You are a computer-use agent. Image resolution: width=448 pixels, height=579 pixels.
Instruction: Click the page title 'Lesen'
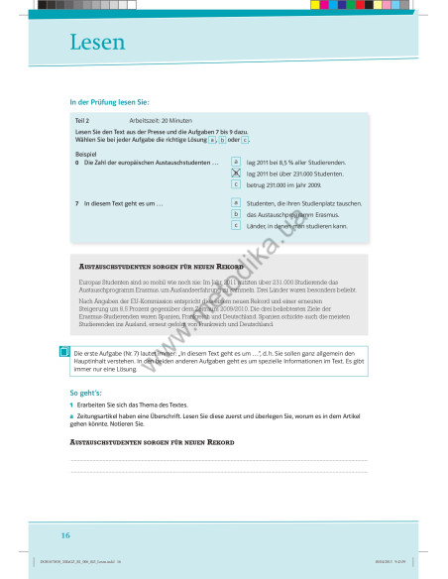(x=97, y=43)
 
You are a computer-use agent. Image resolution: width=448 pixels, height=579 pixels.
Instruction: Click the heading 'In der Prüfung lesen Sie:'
(x=110, y=102)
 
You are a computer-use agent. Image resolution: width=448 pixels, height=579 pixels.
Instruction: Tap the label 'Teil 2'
(x=82, y=120)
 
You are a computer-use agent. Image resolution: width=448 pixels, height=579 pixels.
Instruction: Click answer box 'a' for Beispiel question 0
(x=236, y=161)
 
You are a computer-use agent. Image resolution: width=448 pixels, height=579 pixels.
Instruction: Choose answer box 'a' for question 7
(x=236, y=202)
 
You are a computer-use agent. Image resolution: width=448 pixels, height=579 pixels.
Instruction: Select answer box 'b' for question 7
(x=236, y=214)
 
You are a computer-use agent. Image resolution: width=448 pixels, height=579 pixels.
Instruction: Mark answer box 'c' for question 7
(x=236, y=226)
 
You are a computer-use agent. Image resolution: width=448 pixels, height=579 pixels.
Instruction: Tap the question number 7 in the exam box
(x=76, y=203)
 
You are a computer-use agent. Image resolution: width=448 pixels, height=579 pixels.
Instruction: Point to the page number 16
(x=65, y=534)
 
